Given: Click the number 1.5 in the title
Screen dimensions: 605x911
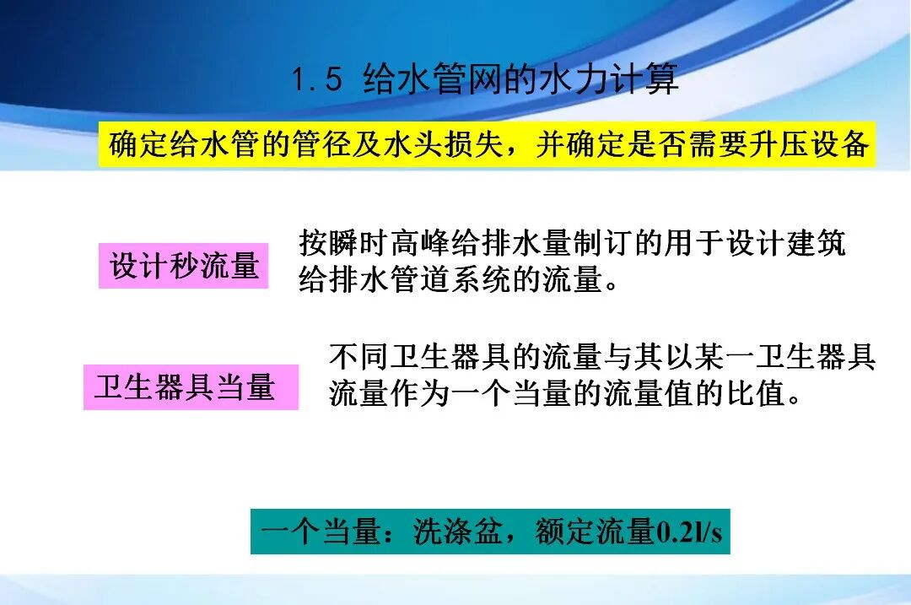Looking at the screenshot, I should (317, 81).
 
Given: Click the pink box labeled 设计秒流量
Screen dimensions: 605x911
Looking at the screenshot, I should (183, 266).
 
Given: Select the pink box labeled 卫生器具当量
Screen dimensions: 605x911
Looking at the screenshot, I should (190, 387).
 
